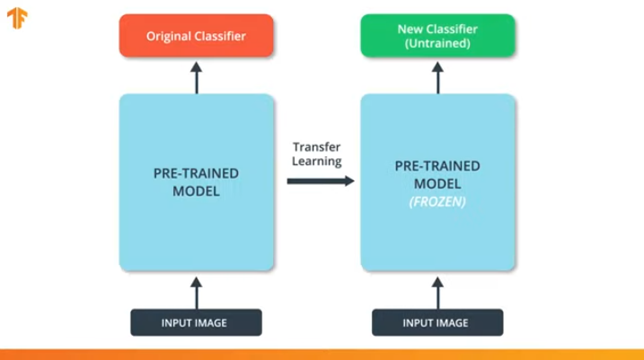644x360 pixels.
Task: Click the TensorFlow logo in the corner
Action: [17, 18]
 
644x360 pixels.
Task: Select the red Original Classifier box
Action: [196, 36]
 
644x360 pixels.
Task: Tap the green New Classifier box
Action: [437, 36]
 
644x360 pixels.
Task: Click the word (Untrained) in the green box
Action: [437, 43]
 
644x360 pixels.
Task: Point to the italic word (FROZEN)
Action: [437, 202]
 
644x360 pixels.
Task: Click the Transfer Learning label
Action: [317, 154]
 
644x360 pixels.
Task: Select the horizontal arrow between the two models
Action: [320, 180]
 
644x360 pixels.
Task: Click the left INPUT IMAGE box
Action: [196, 322]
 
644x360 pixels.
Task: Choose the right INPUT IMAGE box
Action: [437, 322]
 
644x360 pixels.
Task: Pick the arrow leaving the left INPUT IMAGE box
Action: [196, 291]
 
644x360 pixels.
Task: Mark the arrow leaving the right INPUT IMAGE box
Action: [438, 291]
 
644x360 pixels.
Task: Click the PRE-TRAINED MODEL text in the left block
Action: [196, 181]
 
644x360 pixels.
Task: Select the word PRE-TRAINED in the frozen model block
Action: [437, 166]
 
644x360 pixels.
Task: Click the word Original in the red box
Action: [170, 37]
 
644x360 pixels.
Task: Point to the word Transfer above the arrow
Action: [317, 147]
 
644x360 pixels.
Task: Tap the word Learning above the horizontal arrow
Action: [317, 162]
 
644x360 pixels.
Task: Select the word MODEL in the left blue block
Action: [196, 189]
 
